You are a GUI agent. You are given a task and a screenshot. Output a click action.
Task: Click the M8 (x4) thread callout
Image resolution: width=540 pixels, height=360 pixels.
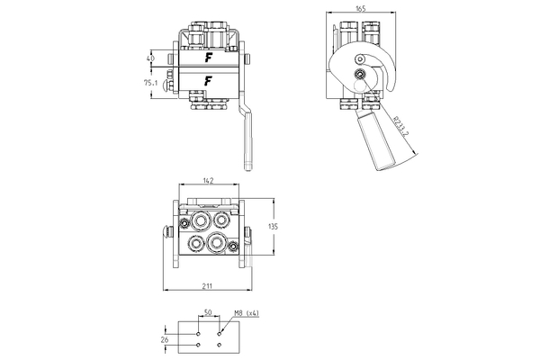(245, 313)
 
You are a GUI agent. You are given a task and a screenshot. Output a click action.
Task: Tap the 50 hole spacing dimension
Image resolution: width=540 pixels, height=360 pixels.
(208, 313)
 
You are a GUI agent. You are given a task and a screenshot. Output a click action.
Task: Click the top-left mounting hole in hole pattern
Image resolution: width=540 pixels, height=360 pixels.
(197, 332)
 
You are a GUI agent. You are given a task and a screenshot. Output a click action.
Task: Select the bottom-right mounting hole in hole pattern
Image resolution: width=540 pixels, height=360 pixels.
(220, 344)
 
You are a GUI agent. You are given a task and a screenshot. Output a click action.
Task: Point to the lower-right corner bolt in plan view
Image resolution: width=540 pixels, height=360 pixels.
(232, 247)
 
